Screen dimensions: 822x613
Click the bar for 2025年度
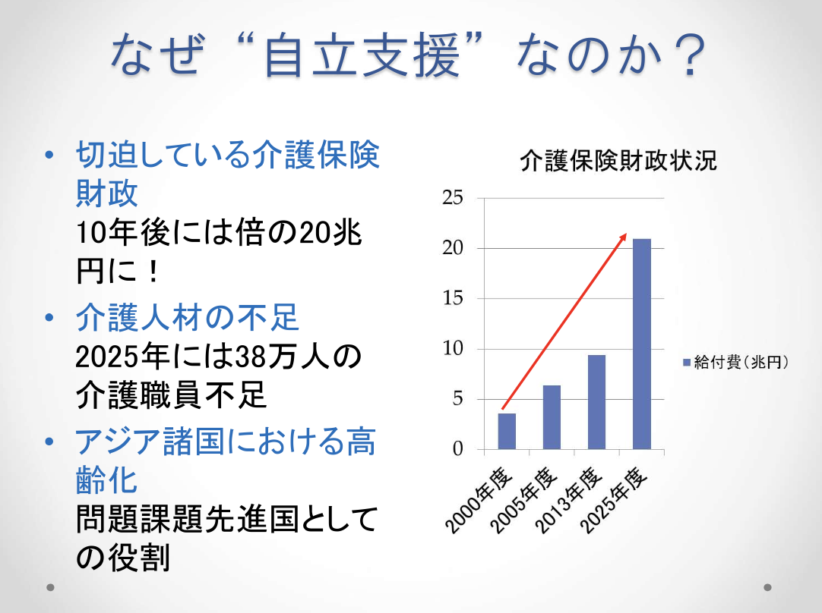tap(642, 344)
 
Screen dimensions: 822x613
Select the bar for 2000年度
tap(507, 432)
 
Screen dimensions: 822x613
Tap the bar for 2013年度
tap(596, 402)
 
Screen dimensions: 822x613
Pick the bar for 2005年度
tap(552, 417)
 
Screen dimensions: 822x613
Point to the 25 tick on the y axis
tap(453, 198)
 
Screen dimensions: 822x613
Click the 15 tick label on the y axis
tap(453, 298)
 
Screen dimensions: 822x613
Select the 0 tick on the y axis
tap(458, 449)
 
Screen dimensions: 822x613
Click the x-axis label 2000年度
tap(478, 499)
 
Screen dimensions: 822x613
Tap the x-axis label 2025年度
tap(615, 499)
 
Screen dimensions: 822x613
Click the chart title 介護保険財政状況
tap(618, 160)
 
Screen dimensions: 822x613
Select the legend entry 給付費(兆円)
tap(736, 362)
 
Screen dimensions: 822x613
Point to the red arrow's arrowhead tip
tap(627, 234)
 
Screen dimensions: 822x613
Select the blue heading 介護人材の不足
tap(187, 317)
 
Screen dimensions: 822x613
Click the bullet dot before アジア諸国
tap(50, 442)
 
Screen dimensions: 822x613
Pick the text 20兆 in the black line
tap(330, 232)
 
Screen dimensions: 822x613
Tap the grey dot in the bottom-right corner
tap(767, 587)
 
